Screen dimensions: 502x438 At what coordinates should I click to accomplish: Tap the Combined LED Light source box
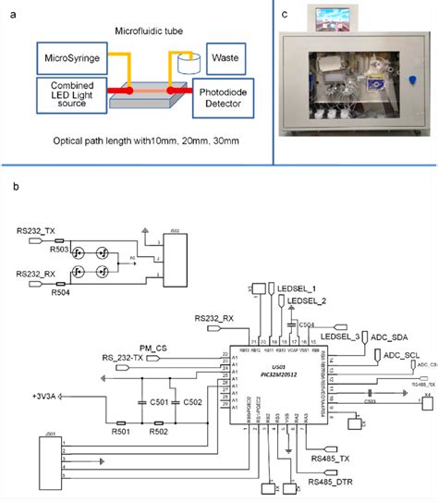pos(68,97)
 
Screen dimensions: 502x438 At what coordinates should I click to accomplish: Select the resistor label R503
pos(56,247)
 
